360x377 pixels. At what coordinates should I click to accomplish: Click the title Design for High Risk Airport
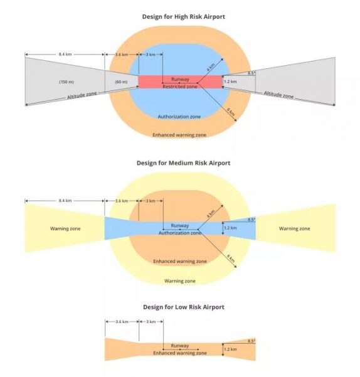click(x=184, y=17)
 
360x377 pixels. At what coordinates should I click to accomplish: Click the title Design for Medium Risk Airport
click(x=183, y=163)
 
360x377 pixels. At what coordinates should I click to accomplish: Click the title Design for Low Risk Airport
click(x=184, y=307)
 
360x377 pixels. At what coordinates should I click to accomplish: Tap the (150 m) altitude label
click(x=66, y=82)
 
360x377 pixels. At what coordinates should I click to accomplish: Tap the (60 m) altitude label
click(x=122, y=82)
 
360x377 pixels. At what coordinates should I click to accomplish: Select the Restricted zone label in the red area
click(x=180, y=87)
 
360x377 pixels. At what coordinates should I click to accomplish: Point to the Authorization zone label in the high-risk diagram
click(x=179, y=117)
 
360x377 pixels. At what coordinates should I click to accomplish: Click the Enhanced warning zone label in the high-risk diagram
click(x=179, y=135)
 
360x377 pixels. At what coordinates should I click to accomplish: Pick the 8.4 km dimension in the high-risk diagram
click(x=65, y=55)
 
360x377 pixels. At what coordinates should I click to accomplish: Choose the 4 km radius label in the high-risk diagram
click(x=211, y=67)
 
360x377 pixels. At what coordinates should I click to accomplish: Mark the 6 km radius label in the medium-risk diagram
click(x=231, y=258)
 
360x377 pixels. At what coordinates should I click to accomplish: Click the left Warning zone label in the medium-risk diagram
click(x=65, y=228)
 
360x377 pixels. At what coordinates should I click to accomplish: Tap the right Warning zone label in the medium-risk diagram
click(x=295, y=228)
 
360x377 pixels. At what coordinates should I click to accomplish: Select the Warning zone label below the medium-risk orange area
click(x=180, y=281)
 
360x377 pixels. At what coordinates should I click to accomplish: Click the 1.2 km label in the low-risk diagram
click(x=230, y=349)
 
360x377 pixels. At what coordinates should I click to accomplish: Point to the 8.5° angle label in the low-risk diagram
click(x=251, y=341)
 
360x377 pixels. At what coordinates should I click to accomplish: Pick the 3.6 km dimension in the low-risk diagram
click(x=122, y=322)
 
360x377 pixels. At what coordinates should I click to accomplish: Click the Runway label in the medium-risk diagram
click(x=180, y=226)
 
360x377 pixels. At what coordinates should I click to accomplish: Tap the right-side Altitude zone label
click(x=278, y=95)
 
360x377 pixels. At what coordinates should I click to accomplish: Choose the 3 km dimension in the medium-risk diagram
click(x=151, y=201)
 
